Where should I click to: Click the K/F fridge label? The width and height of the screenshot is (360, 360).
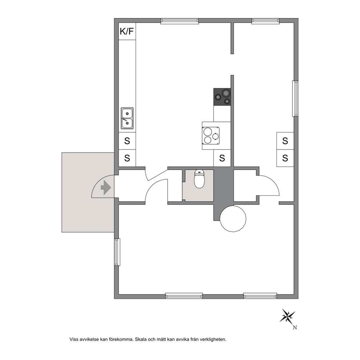(x=127, y=31)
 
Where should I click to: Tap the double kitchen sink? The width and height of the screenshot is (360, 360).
(x=127, y=118)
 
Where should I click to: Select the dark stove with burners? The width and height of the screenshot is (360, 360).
(x=222, y=97)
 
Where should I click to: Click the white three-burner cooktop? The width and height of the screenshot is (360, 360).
(x=211, y=136)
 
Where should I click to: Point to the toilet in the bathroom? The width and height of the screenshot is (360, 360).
(x=199, y=179)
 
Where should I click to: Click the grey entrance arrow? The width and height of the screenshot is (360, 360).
(x=106, y=188)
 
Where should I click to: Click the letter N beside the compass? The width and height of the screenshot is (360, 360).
(x=295, y=328)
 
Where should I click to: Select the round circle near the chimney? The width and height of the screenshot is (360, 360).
(x=233, y=219)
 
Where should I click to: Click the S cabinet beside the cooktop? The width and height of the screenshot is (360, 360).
(x=222, y=158)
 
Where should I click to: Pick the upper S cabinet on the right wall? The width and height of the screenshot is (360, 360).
(x=285, y=141)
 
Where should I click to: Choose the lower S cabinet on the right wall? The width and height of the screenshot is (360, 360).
(x=285, y=158)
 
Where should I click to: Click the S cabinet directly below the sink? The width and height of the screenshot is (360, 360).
(x=127, y=141)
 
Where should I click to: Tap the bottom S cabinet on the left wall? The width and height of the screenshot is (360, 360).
(x=127, y=158)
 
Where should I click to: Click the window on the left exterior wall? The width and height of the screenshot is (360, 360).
(x=117, y=252)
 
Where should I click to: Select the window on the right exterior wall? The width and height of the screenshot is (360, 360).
(x=295, y=98)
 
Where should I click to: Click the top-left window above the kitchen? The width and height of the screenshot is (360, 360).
(x=180, y=21)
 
